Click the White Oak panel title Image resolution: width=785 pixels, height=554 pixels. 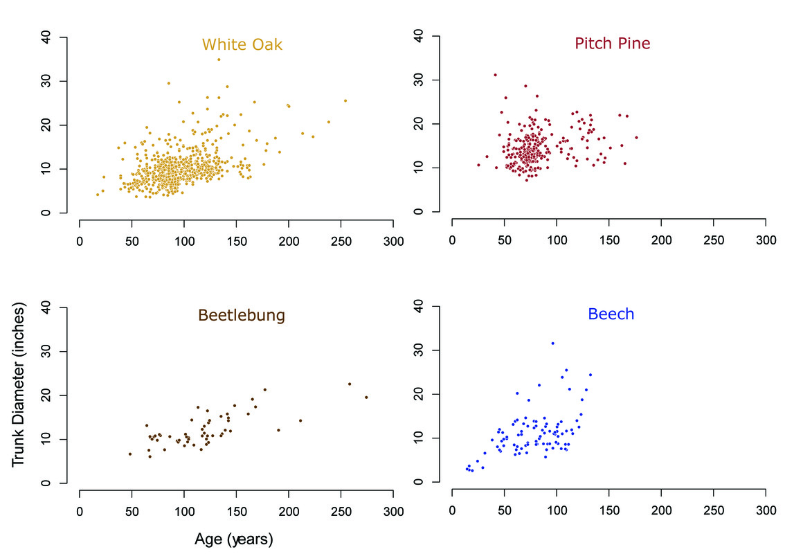click(x=242, y=45)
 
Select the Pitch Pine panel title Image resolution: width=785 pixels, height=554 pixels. click(x=612, y=44)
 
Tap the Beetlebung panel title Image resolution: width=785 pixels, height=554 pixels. click(x=242, y=316)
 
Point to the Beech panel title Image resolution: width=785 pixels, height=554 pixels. click(x=611, y=314)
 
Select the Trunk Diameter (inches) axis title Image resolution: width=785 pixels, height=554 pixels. click(x=19, y=386)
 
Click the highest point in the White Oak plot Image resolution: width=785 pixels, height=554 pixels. click(x=219, y=60)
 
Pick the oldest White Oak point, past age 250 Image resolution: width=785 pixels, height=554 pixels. click(x=345, y=100)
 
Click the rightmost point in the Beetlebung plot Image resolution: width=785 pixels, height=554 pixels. click(x=366, y=397)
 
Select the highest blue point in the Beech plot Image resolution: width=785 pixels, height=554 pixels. click(x=552, y=343)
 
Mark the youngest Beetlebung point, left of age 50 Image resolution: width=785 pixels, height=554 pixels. click(x=129, y=454)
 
